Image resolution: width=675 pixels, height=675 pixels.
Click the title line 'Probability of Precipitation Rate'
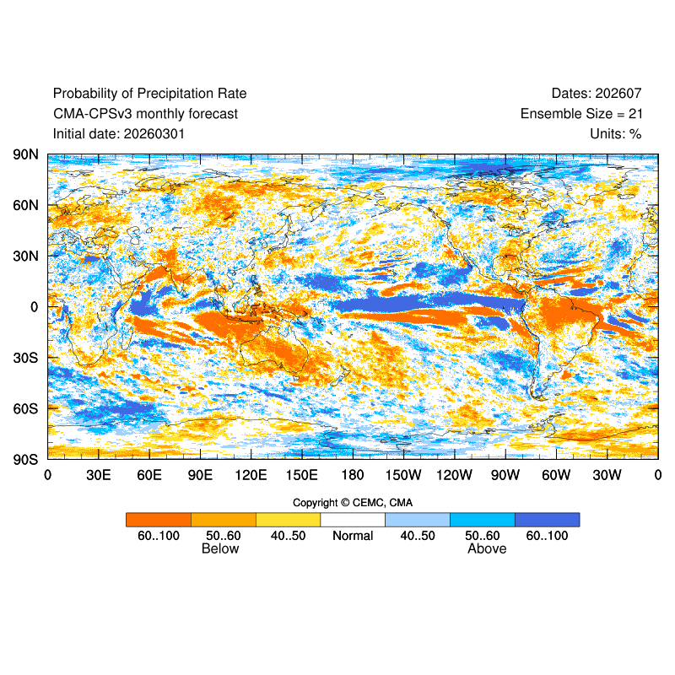[x=149, y=94]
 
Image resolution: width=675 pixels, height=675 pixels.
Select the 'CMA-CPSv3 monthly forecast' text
[x=145, y=114]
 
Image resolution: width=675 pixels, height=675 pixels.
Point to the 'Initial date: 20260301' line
[x=119, y=133]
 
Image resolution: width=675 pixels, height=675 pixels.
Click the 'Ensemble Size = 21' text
[x=581, y=114]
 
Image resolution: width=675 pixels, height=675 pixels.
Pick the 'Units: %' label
[x=616, y=133]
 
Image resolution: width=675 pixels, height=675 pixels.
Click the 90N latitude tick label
[x=25, y=155]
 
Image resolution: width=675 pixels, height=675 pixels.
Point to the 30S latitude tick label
[x=25, y=358]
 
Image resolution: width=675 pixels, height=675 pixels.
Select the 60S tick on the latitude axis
[x=25, y=408]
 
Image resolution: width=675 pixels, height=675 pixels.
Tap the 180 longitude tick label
[x=353, y=475]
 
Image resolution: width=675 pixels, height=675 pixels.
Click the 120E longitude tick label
[x=251, y=475]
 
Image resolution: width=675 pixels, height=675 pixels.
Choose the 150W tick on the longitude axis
[x=403, y=475]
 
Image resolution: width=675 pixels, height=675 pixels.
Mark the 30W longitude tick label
[x=607, y=475]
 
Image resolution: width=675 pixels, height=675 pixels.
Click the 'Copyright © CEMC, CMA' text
[x=353, y=503]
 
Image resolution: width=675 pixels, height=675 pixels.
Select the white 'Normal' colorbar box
[x=353, y=519]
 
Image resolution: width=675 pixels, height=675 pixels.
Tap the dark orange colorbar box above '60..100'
[x=159, y=519]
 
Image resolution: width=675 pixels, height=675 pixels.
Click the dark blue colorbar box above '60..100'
[x=547, y=519]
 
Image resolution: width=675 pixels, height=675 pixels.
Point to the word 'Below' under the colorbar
[x=220, y=549]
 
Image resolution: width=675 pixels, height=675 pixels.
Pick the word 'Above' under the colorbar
[x=487, y=549]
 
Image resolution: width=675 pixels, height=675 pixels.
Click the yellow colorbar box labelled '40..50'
[x=288, y=519]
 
